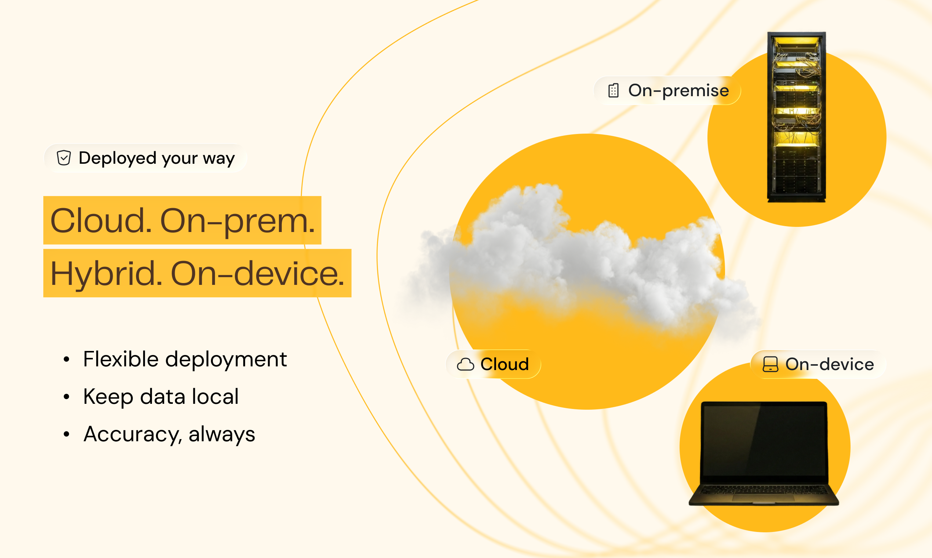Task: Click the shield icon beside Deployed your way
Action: tap(64, 158)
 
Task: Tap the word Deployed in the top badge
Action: tap(117, 158)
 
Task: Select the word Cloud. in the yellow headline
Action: tap(101, 221)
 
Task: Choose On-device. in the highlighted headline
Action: tap(258, 274)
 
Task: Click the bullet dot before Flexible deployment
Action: tap(66, 359)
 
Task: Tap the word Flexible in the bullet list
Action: tap(121, 359)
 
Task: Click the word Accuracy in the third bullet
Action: tap(133, 435)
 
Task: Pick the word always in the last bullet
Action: tap(222, 434)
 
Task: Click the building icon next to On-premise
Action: tap(613, 91)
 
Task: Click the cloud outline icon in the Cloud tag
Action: tap(465, 365)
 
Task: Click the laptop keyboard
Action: tap(764, 490)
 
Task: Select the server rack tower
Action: tap(796, 117)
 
